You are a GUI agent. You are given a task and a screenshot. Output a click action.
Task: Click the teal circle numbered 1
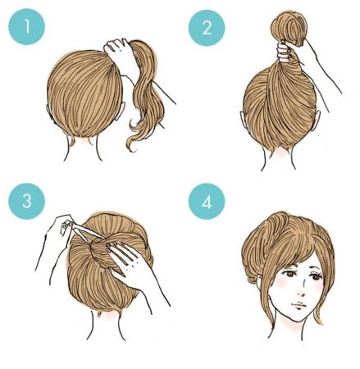(x=26, y=27)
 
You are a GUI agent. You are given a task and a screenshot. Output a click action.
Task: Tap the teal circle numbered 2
(x=207, y=28)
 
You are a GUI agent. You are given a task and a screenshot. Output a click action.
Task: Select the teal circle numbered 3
(x=26, y=201)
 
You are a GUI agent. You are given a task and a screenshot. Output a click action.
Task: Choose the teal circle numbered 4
(x=207, y=202)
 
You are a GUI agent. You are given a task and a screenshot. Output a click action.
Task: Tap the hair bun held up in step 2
(x=289, y=26)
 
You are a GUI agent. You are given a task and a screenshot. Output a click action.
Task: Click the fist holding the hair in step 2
(x=285, y=52)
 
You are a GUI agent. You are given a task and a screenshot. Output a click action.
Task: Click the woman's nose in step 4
(x=301, y=292)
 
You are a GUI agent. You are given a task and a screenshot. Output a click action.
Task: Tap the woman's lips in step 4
(x=298, y=305)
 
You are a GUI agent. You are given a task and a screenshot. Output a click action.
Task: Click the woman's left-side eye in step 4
(x=288, y=274)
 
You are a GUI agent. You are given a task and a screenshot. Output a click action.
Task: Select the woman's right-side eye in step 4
(x=317, y=276)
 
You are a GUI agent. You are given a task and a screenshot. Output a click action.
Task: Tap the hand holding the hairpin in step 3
(x=59, y=232)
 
